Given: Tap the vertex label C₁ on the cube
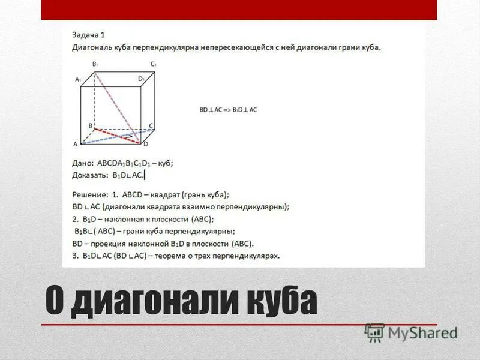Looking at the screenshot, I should (154, 64).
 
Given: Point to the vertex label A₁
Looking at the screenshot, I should (77, 79).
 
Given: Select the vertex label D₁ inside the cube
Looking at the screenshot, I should (141, 79).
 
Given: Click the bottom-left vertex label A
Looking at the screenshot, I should (75, 144).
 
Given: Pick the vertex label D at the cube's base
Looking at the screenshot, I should (145, 144).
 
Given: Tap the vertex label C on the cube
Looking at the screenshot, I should (152, 125).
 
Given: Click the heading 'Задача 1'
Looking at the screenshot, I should (88, 34).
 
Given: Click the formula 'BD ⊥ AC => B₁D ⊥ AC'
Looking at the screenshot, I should (228, 110).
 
